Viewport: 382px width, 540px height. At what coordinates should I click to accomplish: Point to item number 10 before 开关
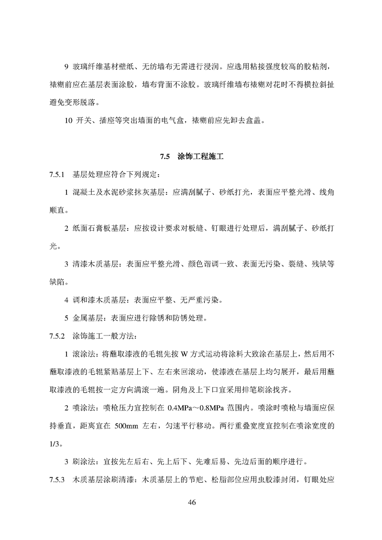point(68,120)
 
